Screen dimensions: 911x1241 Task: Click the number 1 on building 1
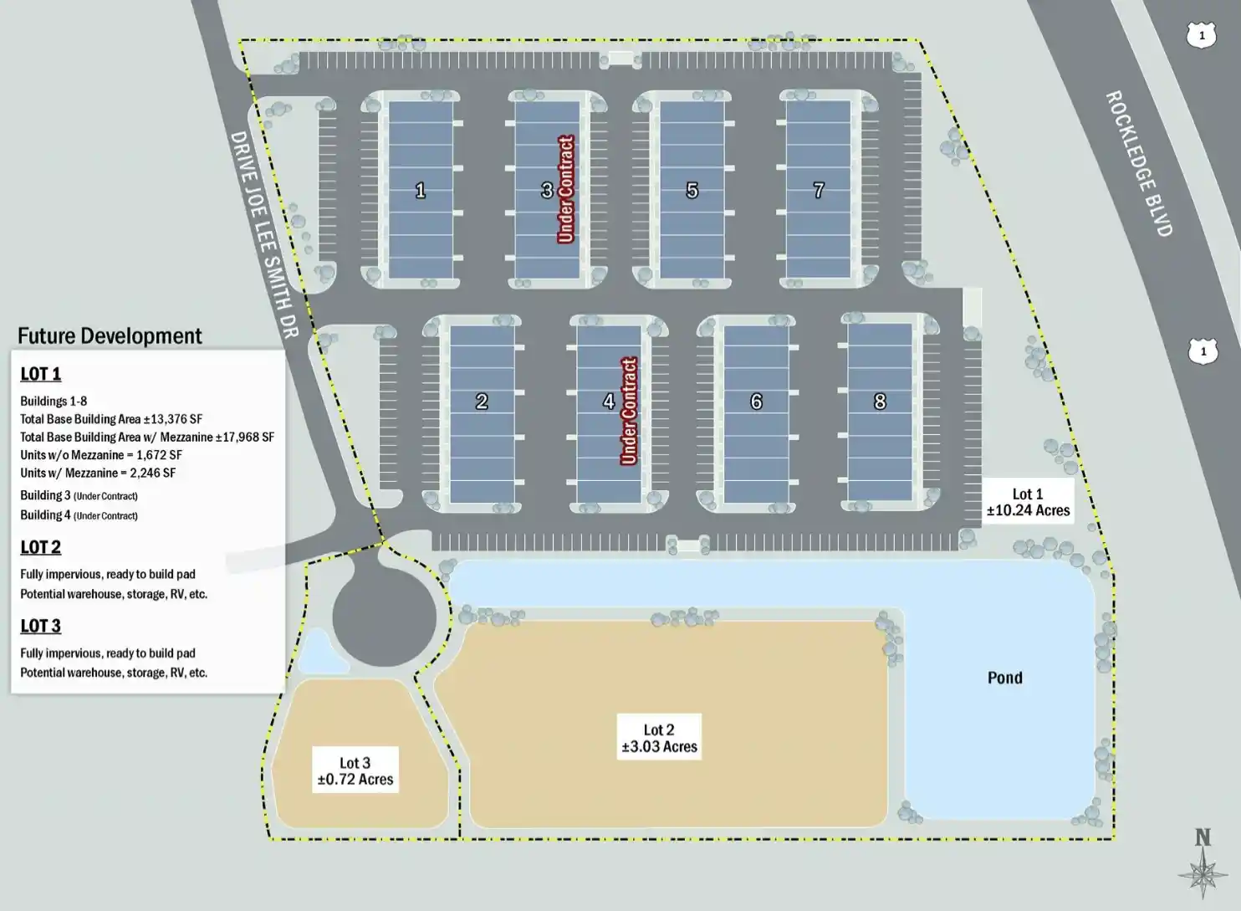point(421,191)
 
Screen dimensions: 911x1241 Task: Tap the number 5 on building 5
point(692,191)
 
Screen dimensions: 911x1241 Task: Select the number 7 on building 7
point(819,191)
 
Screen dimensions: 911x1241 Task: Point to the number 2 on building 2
point(482,402)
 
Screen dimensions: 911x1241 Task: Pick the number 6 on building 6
point(756,402)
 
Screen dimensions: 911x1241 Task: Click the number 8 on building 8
point(880,402)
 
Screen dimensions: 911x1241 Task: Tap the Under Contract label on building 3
point(566,190)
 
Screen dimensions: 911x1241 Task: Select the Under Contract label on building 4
point(629,411)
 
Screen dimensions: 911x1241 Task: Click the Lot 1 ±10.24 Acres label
point(1028,503)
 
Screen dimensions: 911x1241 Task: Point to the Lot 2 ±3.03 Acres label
point(659,739)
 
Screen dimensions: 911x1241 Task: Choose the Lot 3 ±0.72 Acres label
point(355,771)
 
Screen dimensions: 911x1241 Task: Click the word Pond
point(1004,678)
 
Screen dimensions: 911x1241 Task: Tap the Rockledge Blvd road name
point(1139,163)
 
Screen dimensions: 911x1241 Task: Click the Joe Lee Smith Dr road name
point(264,234)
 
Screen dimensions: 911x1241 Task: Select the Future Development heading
point(110,336)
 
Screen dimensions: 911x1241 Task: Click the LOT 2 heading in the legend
point(40,547)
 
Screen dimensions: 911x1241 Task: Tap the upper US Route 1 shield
point(1202,35)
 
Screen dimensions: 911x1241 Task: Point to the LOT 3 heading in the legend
point(40,626)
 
